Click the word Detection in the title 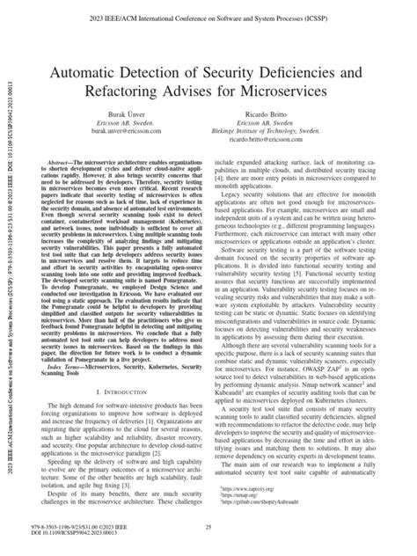tap(190, 65)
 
